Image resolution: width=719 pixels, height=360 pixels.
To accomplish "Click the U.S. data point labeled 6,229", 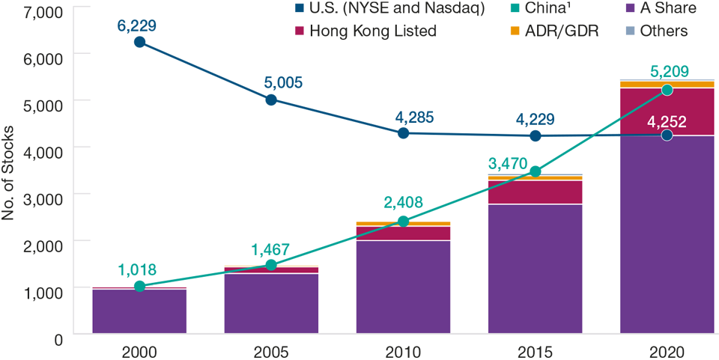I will [x=139, y=42].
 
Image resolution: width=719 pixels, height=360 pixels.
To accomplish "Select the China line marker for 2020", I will [x=667, y=90].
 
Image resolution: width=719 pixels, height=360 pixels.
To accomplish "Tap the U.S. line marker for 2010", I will [x=403, y=132].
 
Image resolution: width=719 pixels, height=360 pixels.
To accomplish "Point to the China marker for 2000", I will [x=139, y=286].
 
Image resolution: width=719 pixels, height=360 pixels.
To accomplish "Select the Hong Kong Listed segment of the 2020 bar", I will [x=667, y=111].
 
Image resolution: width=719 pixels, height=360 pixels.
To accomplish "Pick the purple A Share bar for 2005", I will [x=271, y=303].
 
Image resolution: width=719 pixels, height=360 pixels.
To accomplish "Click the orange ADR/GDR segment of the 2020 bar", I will [x=667, y=84].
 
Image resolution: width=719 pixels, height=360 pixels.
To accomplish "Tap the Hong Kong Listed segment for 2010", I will [x=403, y=233].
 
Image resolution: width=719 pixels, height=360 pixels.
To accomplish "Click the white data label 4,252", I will [x=667, y=121].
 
